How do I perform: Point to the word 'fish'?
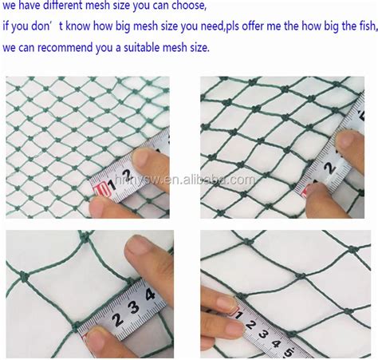coord(363,27)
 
